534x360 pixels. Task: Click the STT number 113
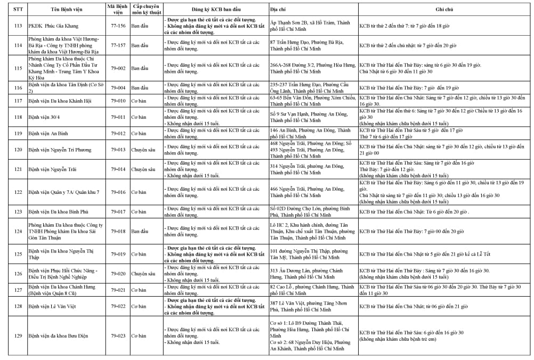[18, 25]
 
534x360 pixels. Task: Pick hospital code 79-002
[118, 68]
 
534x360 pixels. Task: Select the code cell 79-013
[118, 150]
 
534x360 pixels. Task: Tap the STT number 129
[18, 336]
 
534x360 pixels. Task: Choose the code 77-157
[118, 45]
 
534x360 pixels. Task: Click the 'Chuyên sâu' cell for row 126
[143, 273]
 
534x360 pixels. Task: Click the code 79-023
[118, 336]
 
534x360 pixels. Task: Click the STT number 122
[18, 192]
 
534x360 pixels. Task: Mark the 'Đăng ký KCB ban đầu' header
[215, 9]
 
